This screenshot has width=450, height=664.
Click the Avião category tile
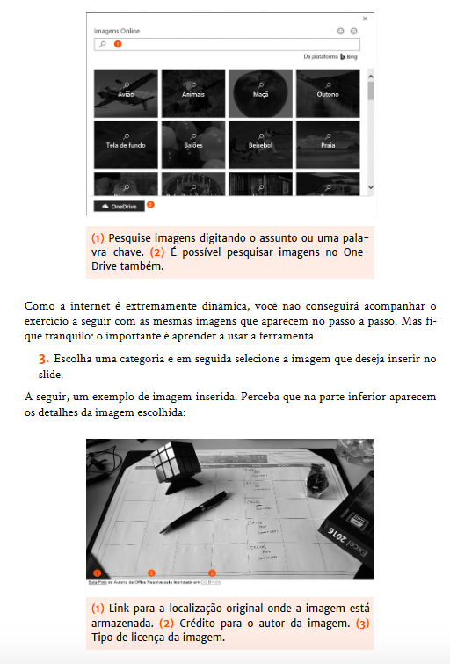[126, 93]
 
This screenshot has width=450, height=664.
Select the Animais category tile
[193, 93]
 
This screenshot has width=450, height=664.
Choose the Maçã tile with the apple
[260, 93]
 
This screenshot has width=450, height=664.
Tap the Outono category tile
[328, 93]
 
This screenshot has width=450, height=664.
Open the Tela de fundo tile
[126, 143]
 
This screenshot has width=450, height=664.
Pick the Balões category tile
[193, 143]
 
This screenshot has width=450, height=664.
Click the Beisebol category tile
[260, 143]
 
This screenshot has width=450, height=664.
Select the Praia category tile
[328, 143]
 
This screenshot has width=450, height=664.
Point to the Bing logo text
[349, 56]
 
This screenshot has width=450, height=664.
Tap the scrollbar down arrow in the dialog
[370, 186]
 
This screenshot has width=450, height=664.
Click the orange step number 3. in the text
[43, 360]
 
